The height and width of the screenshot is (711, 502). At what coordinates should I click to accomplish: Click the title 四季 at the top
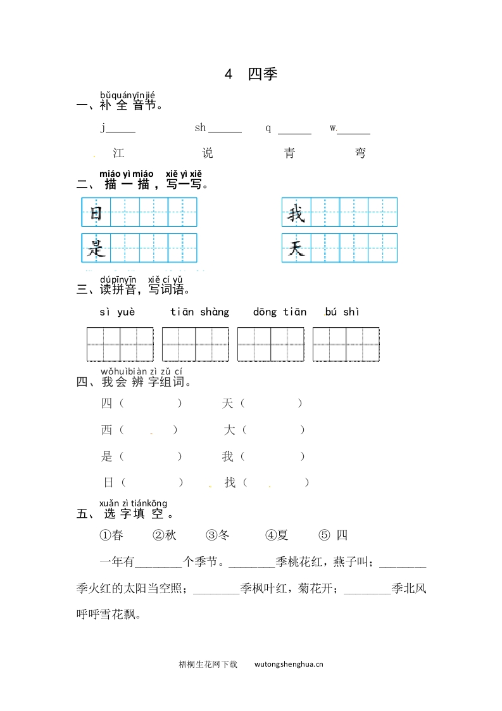tap(262, 74)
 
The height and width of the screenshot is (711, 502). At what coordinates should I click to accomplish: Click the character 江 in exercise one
tap(118, 153)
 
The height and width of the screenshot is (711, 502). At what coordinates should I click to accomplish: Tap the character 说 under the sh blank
tap(208, 153)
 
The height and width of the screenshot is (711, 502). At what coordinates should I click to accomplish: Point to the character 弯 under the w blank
tap(360, 153)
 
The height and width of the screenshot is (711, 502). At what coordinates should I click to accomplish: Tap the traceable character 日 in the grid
tap(96, 213)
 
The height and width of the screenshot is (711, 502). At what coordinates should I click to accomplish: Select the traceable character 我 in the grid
tap(296, 213)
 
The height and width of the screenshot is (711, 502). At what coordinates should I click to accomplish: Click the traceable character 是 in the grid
tap(96, 248)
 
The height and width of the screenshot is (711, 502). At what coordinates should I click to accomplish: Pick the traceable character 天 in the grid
tap(296, 248)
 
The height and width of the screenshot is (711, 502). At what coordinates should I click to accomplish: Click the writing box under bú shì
tap(346, 344)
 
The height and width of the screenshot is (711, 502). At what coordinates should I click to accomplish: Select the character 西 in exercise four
tap(106, 430)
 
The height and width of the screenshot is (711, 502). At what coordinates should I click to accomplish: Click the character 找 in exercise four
tap(230, 482)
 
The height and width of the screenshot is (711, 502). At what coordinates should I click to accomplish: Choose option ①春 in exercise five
tap(111, 535)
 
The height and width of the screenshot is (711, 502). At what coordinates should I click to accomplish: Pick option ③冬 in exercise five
tap(218, 535)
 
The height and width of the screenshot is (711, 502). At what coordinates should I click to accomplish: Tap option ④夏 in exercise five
tap(277, 535)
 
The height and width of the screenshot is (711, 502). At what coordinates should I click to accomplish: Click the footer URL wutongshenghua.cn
tap(289, 664)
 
